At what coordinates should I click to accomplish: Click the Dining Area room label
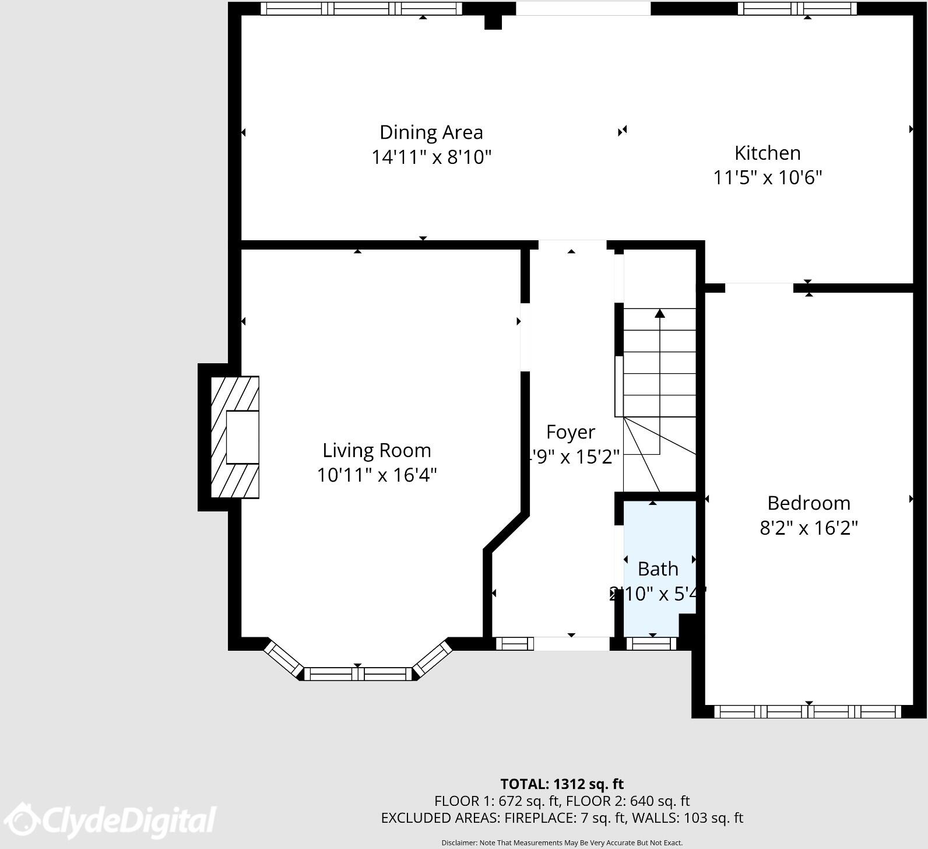pos(431,132)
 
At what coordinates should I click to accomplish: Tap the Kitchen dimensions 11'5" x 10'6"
pos(767,177)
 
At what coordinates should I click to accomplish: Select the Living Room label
pos(377,450)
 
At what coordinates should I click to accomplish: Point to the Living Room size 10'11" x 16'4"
pos(377,475)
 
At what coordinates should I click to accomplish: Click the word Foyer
pos(570,432)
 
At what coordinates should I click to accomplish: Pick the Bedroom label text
pos(809,503)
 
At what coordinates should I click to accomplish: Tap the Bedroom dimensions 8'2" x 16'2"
pos(809,528)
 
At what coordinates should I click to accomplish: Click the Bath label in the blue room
pos(658,569)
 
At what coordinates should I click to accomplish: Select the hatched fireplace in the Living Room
pos(235,437)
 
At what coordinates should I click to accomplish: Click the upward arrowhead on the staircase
pos(660,314)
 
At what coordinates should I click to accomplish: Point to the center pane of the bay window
pos(358,674)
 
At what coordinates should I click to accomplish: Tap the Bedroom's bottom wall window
pos(808,711)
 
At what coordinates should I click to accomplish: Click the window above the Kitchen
pos(797,9)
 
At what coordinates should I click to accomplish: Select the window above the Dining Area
pos(361,9)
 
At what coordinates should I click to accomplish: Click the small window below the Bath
pos(651,644)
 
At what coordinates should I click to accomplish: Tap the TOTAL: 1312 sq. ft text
pos(562,784)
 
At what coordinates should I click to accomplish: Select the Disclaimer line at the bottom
pos(562,843)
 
